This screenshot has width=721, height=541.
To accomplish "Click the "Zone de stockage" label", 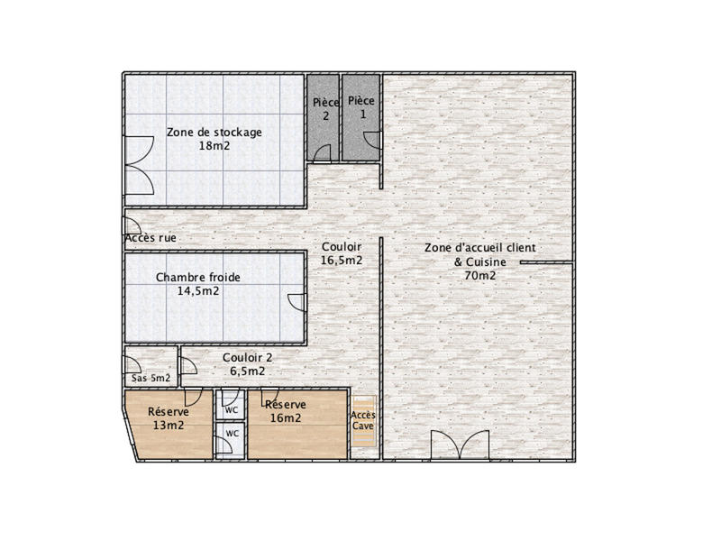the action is point(214,133).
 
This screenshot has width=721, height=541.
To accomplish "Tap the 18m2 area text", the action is point(214,146).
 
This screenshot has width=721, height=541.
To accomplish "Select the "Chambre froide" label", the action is point(198,278).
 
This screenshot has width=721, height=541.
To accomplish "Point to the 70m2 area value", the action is point(480,276).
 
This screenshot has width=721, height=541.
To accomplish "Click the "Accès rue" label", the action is point(151,238).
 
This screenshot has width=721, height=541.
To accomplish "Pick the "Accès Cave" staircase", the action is point(363,420).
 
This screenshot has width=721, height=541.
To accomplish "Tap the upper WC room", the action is point(231,404).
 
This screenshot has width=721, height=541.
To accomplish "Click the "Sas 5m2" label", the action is point(151,379).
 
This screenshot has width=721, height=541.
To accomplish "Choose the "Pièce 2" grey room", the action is point(324,118).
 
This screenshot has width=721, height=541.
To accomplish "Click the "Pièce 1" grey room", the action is point(361,118).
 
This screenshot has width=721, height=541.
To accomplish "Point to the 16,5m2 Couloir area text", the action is point(342,261).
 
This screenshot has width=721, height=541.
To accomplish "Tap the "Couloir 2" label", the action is point(247,357).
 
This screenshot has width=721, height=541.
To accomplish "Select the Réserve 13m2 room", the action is point(170,425).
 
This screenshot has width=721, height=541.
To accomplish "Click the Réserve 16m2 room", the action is point(297,425).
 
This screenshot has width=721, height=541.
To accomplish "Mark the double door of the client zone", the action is point(460,445).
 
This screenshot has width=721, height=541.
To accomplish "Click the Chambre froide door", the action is point(297,303).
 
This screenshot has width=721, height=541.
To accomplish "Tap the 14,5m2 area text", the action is point(198,291).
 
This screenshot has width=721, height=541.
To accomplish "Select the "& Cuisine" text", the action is point(480,262).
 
